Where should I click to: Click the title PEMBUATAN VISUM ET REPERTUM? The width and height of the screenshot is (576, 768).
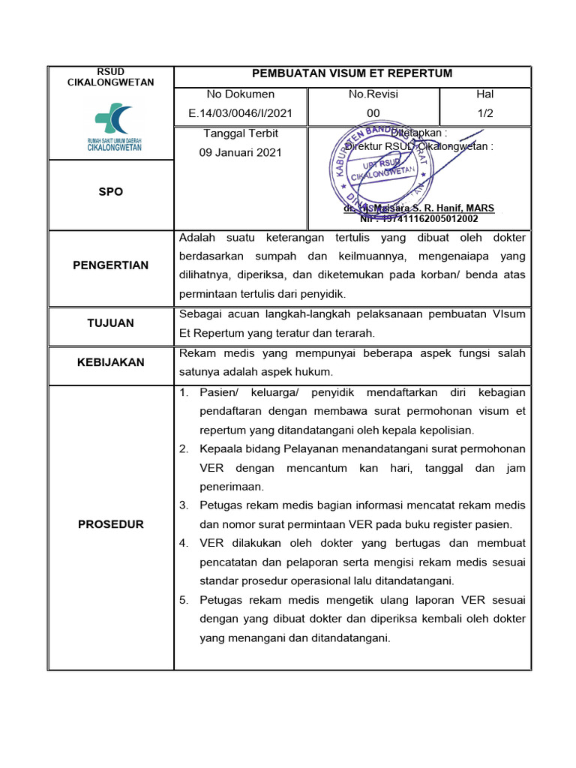[352, 73]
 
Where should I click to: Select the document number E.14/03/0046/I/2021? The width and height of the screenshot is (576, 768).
[240, 113]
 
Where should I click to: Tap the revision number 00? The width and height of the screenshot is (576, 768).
[373, 113]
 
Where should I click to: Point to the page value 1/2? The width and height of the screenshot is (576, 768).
[484, 113]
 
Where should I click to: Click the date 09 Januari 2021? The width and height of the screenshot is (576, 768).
[240, 152]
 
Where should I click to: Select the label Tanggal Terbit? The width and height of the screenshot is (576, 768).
[240, 133]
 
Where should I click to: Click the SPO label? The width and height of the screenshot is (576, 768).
[110, 192]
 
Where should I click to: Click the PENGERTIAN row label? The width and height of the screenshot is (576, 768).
[110, 265]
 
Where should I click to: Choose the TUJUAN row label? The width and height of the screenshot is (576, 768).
[110, 323]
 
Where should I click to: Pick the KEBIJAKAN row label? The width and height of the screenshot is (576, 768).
[110, 362]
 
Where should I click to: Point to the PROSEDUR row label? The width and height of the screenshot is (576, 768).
[110, 524]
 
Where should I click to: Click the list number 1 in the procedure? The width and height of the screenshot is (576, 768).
[184, 393]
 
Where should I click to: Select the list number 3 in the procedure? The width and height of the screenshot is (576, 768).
[184, 505]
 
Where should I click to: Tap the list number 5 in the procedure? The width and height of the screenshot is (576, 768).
[184, 600]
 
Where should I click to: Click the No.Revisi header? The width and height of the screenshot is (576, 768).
[373, 94]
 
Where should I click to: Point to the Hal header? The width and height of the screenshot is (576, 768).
[484, 94]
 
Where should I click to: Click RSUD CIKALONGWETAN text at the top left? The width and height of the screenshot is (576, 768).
[110, 77]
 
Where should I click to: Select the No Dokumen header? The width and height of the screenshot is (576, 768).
[240, 94]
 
